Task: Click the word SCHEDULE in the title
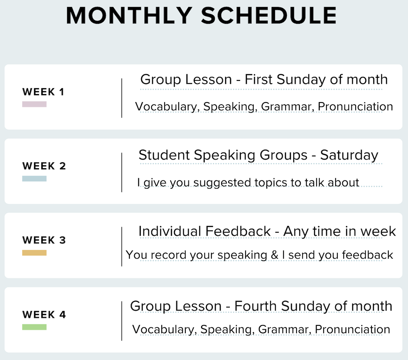click(x=269, y=16)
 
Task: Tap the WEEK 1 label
click(x=43, y=92)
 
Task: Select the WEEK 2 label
click(x=44, y=166)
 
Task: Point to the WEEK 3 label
click(x=44, y=240)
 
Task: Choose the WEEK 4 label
click(x=44, y=314)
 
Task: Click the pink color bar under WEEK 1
click(x=34, y=104)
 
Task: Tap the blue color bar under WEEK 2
click(x=34, y=179)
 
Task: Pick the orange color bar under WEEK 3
click(x=34, y=253)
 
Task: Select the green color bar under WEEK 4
click(x=34, y=327)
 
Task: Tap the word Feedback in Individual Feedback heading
click(x=238, y=231)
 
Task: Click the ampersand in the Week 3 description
click(x=275, y=255)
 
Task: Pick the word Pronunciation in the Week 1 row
click(x=355, y=107)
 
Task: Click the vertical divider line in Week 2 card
click(x=122, y=172)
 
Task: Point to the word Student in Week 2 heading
click(x=164, y=155)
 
